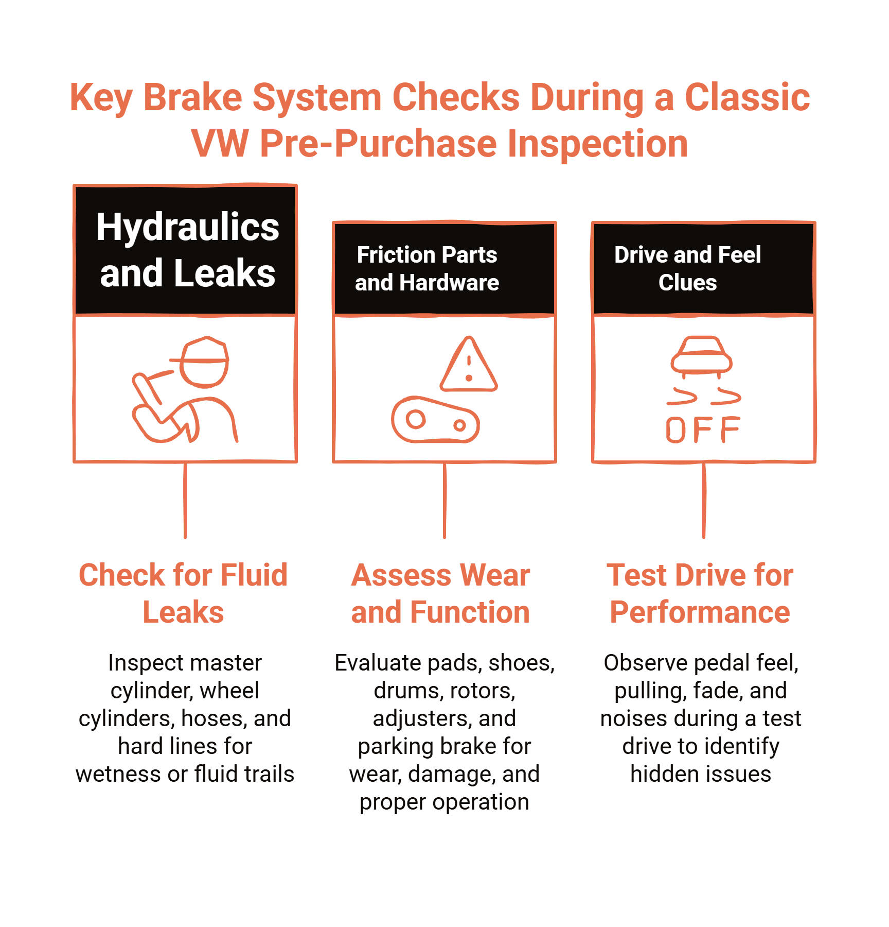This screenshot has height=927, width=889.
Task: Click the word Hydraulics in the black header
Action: point(187,227)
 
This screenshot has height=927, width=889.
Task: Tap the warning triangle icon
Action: point(469,366)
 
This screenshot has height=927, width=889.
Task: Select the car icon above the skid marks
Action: point(701,355)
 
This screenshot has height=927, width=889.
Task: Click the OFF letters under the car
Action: point(703,430)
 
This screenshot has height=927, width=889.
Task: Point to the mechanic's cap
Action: point(205,351)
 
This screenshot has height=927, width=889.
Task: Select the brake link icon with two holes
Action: point(435,420)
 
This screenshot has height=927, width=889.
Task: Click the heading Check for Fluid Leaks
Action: point(183,593)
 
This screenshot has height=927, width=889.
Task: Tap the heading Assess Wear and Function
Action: point(440,593)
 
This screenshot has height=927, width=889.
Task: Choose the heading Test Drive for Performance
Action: point(700,593)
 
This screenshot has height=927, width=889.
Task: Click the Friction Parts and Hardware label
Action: point(426,268)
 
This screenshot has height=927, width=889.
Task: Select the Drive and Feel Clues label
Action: point(687,268)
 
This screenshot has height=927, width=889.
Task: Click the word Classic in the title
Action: point(747,97)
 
